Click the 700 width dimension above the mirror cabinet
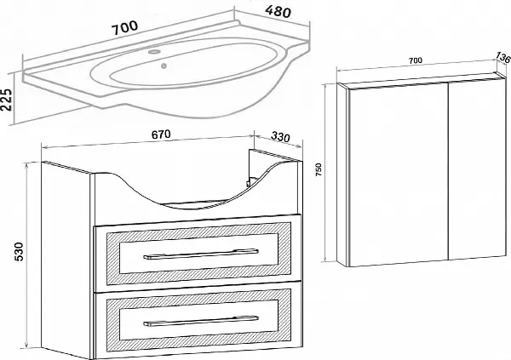(416, 60)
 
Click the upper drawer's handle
(201, 254)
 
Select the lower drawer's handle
(201, 321)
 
